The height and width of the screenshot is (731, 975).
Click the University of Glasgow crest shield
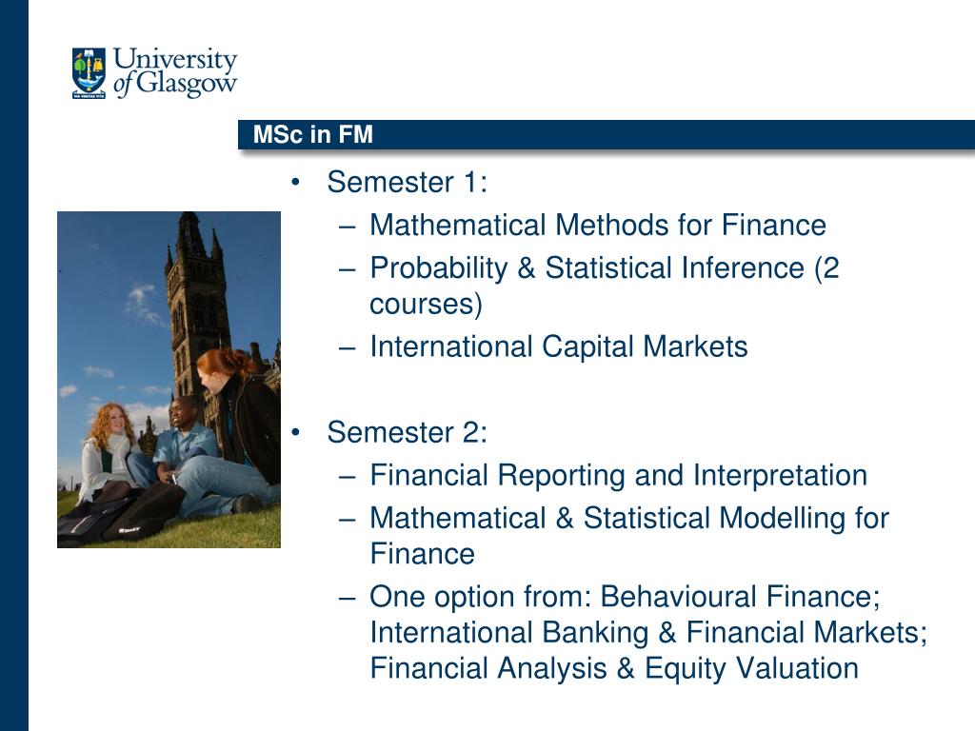89,72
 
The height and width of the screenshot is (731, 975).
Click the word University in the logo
175,60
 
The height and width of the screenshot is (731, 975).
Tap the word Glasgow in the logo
187,83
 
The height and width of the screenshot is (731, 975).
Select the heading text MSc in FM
312,134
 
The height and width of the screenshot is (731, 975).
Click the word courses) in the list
426,305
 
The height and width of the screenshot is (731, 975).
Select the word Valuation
797,668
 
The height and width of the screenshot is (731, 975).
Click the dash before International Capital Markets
348,347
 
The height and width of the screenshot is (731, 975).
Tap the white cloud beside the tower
142,304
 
